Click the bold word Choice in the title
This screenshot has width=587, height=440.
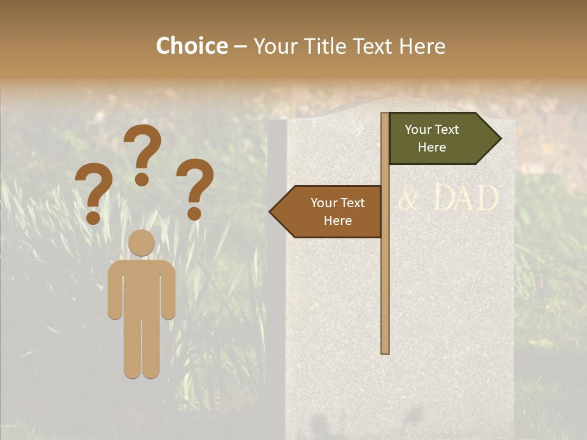point(191,46)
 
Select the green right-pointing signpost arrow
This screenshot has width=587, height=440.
point(440,139)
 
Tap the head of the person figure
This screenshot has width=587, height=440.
point(141,243)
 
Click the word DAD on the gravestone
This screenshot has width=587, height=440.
point(467,199)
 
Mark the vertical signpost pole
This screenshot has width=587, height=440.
point(385,275)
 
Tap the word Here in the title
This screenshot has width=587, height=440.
point(422,46)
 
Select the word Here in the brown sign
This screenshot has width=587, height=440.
point(338,221)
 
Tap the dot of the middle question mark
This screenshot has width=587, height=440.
point(142,180)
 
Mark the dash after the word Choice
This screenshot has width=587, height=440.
point(240,47)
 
